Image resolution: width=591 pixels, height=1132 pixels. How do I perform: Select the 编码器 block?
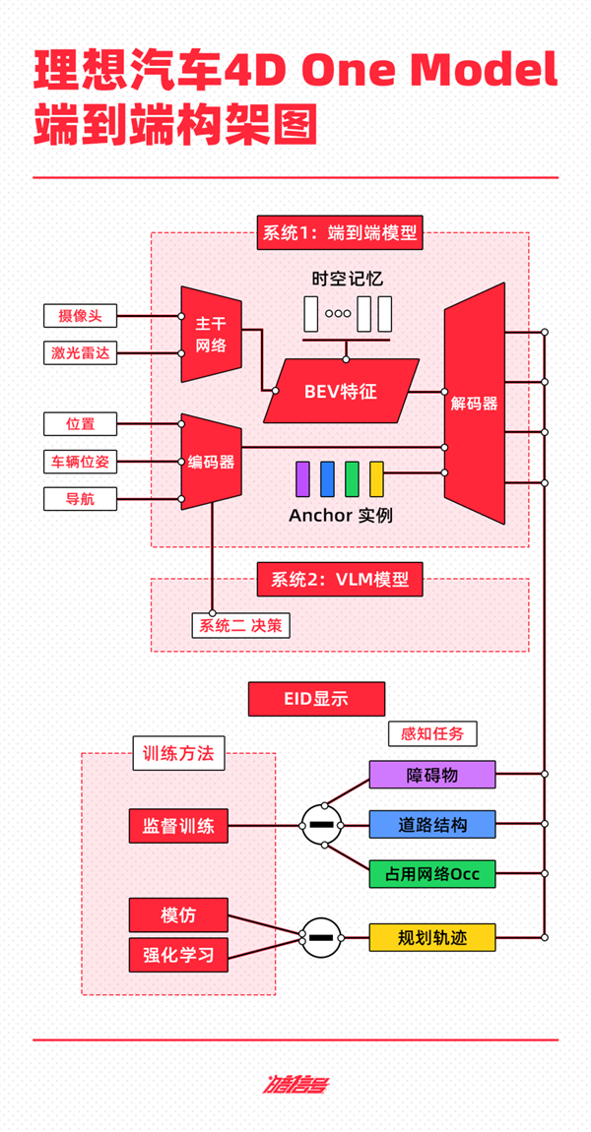pyautogui.click(x=211, y=461)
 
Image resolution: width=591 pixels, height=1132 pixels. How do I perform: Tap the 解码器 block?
pyautogui.click(x=474, y=404)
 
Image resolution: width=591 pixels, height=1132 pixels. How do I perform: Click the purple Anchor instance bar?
pyautogui.click(x=303, y=478)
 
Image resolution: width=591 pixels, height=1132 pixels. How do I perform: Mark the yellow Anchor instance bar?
pyautogui.click(x=376, y=478)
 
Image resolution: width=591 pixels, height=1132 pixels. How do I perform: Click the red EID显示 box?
pyautogui.click(x=316, y=700)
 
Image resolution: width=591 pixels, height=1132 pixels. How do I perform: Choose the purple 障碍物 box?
pyautogui.click(x=431, y=775)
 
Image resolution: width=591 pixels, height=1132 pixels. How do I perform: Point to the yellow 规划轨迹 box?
pyautogui.click(x=431, y=937)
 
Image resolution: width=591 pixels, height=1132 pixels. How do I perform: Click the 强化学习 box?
pyautogui.click(x=178, y=953)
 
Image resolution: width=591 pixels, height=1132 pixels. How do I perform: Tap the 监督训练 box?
pyautogui.click(x=178, y=825)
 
